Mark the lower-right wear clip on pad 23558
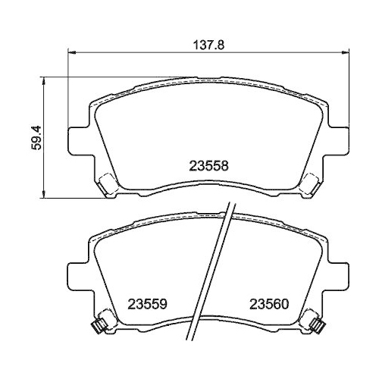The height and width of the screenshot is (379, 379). coord(311,184)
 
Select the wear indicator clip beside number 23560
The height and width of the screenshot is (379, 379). coord(319,326)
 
